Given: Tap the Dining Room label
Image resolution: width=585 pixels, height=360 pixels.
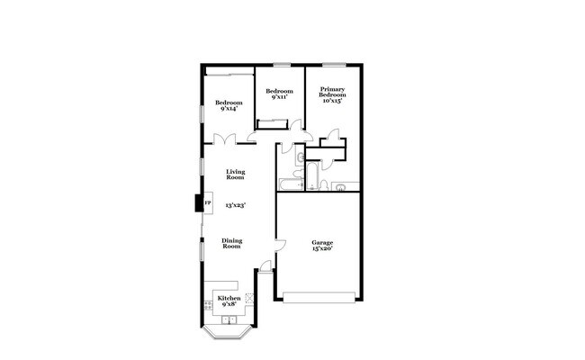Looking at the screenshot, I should pos(231,243).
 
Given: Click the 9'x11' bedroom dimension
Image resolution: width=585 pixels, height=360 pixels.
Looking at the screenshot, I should pos(279,98).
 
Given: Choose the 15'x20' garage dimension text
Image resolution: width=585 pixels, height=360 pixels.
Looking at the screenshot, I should pos(322,248).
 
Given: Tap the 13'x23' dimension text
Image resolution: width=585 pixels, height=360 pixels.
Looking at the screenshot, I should pos(235,205).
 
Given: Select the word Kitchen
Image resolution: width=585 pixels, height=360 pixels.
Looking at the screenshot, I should pos(229,299).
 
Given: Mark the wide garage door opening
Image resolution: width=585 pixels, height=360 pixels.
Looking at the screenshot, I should pos(320,298).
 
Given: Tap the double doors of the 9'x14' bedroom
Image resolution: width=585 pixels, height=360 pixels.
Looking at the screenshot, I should pos(223,140).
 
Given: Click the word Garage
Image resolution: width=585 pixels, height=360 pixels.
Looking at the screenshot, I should pos(322,242).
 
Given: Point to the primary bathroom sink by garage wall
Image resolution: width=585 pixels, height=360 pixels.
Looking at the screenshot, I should pos(340,186).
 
